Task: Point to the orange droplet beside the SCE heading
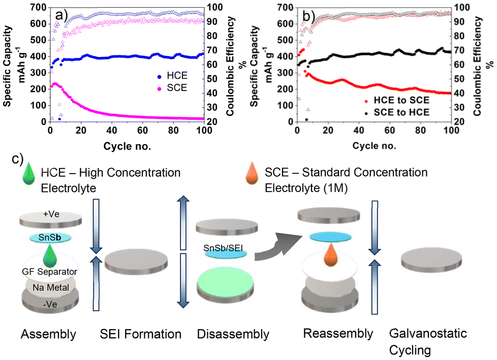255,173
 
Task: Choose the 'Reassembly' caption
338,333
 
